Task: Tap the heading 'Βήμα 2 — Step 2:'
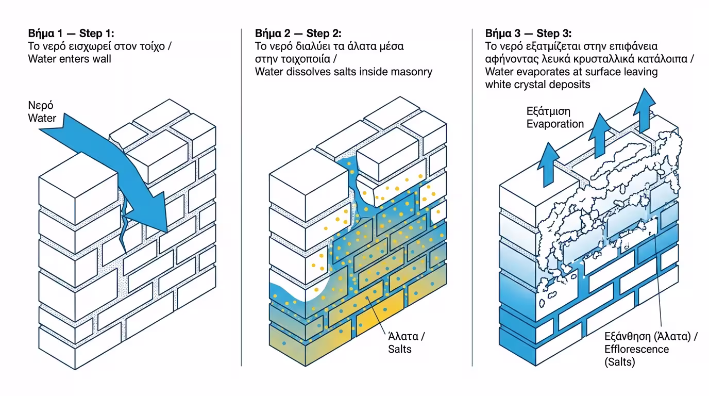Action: pos(298,34)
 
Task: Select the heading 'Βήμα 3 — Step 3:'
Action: pos(528,34)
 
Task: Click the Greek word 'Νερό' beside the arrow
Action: pos(40,106)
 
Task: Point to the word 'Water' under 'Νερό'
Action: pos(42,118)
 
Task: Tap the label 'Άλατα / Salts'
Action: pos(406,343)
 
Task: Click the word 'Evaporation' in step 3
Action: pos(555,124)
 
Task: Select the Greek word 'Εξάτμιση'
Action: pos(548,111)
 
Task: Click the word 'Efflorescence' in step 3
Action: pos(636,349)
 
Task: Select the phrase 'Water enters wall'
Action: pos(70,59)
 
